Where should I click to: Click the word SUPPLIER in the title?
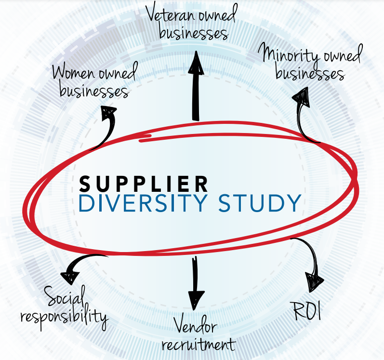pos(144,183)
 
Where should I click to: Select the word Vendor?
pos(195,328)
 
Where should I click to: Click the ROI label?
pos(307,311)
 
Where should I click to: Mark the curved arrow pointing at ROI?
pos(311,261)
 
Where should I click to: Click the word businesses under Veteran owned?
pos(193,34)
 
